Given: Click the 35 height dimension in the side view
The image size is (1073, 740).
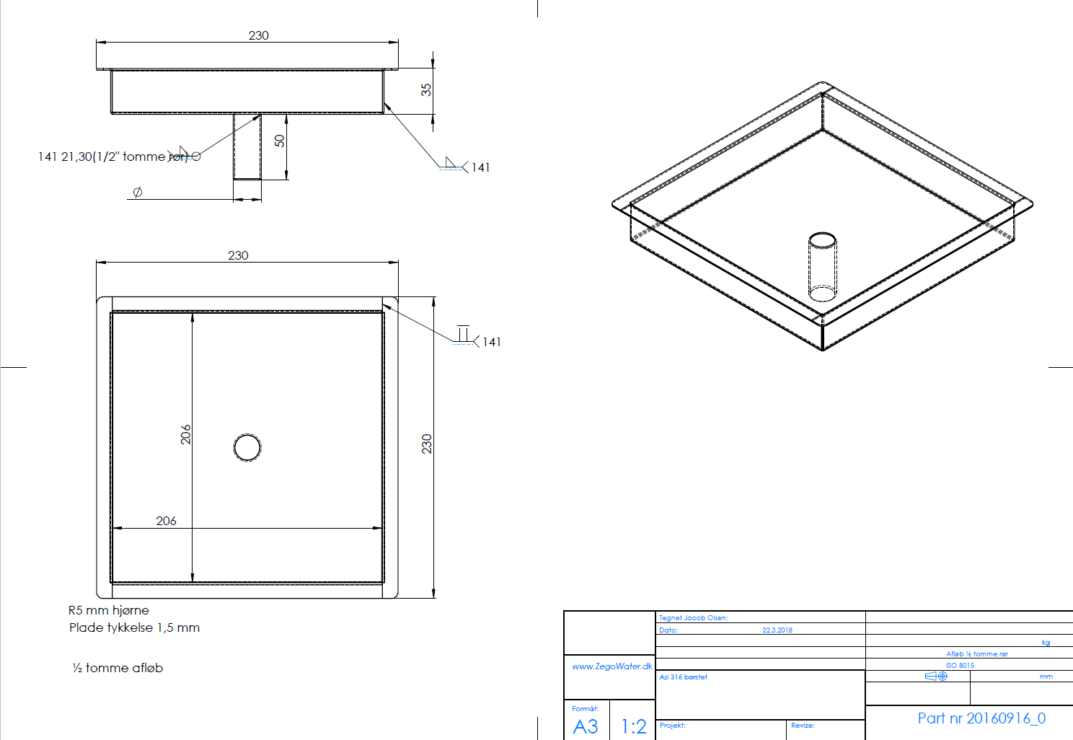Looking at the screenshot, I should click(426, 89).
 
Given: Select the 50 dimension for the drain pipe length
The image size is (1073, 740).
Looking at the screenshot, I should click(280, 141).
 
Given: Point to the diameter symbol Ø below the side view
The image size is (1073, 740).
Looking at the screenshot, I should click(138, 192).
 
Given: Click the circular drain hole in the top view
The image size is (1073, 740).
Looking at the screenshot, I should click(247, 447).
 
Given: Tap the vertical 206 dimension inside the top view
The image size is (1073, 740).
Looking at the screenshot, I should click(185, 434).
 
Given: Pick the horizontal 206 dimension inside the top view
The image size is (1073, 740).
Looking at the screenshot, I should click(166, 521).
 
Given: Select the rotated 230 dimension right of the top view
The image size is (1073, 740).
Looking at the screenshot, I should click(426, 444).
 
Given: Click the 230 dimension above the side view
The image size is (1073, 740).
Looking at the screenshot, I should click(258, 35).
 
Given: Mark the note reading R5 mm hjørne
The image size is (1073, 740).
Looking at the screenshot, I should click(109, 610).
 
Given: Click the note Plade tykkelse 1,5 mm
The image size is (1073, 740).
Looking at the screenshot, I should click(134, 627).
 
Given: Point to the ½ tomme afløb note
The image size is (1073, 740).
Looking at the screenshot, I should click(118, 668).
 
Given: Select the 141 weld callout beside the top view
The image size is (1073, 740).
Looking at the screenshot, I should click(491, 342).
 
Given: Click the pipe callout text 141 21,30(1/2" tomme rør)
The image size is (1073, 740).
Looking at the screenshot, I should click(112, 157).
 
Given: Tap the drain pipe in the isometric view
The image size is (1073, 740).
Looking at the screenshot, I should click(822, 267).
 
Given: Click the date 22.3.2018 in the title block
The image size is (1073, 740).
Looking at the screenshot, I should click(777, 630).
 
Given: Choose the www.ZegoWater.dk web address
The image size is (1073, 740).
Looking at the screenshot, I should click(611, 666).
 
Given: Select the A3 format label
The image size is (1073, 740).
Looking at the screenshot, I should click(586, 726).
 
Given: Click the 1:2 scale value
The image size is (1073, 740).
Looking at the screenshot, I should click(633, 726).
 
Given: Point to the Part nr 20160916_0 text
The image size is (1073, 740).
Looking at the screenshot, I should click(981, 718).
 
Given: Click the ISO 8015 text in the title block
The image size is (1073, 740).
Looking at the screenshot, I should click(960, 666).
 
